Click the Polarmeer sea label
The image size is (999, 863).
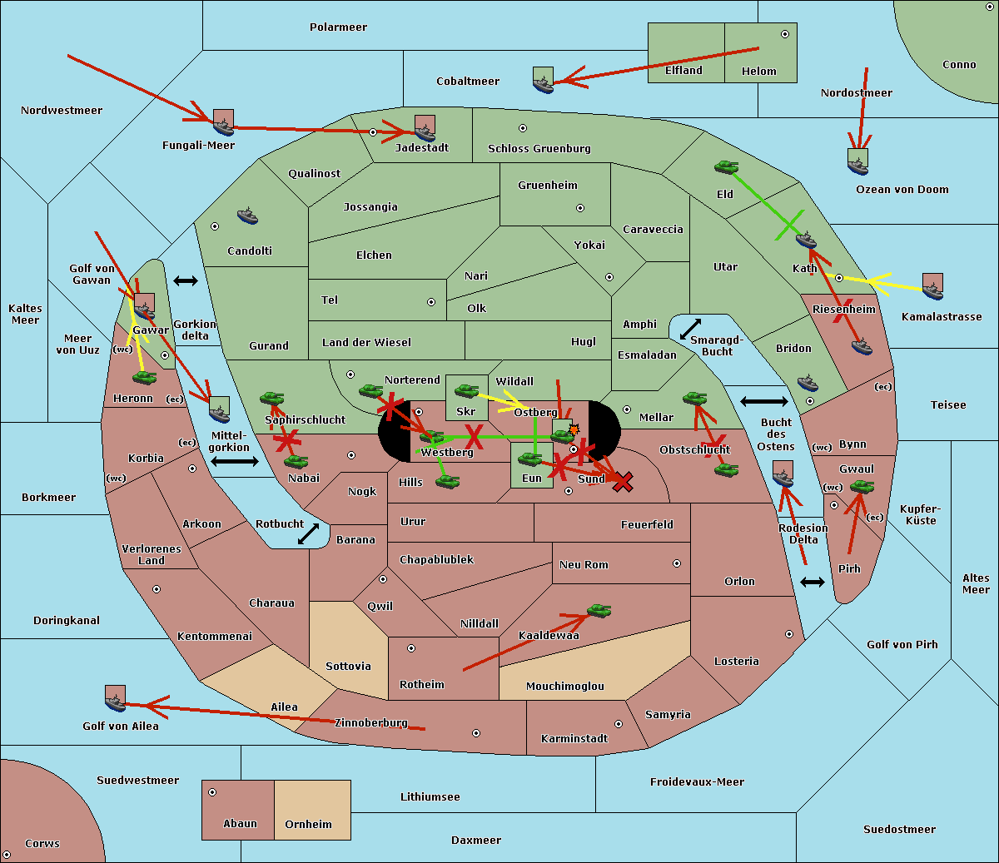click(338, 27)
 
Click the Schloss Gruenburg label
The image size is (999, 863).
click(539, 149)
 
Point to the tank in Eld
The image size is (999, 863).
click(726, 167)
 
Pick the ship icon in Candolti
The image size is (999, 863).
click(247, 216)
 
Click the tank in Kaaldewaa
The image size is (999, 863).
click(599, 611)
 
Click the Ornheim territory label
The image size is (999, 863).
click(308, 825)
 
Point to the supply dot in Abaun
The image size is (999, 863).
click(212, 792)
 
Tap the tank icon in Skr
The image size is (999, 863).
click(466, 389)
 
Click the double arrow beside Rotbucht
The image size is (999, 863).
click(308, 533)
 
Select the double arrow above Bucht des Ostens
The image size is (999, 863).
click(763, 402)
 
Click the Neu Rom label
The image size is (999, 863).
click(584, 565)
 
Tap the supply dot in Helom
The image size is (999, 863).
click(784, 34)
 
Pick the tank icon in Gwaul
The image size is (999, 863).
click(861, 486)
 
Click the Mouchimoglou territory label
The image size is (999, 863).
click(564, 687)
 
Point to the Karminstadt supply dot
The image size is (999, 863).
click(618, 724)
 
